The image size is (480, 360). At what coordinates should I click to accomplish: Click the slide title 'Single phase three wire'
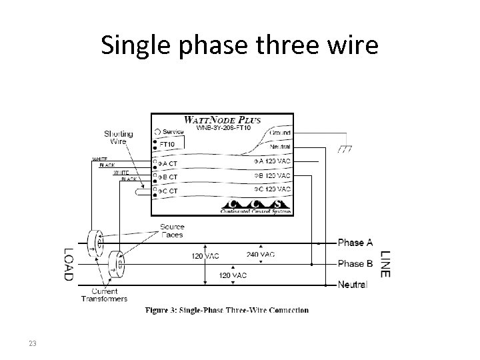pyautogui.click(x=239, y=45)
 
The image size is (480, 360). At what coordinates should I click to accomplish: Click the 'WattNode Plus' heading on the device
pyautogui.click(x=222, y=121)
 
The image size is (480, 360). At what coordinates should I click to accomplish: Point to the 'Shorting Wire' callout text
pyautogui.click(x=118, y=138)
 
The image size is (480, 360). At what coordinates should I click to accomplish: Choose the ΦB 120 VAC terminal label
pyautogui.click(x=272, y=175)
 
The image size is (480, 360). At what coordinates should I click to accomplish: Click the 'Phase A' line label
pyautogui.click(x=355, y=242)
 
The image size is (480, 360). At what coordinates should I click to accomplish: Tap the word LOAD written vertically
pyautogui.click(x=69, y=264)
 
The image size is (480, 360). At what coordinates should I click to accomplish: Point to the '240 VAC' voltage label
pyautogui.click(x=260, y=254)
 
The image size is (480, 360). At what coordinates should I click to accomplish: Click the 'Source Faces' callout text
pyautogui.click(x=173, y=231)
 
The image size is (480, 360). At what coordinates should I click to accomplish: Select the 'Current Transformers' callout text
pyautogui.click(x=105, y=295)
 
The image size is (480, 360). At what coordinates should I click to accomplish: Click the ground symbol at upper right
pyautogui.click(x=344, y=149)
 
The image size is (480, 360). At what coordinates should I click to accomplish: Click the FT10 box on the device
pyautogui.click(x=167, y=143)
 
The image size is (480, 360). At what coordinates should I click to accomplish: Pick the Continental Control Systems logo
pyautogui.click(x=256, y=206)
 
